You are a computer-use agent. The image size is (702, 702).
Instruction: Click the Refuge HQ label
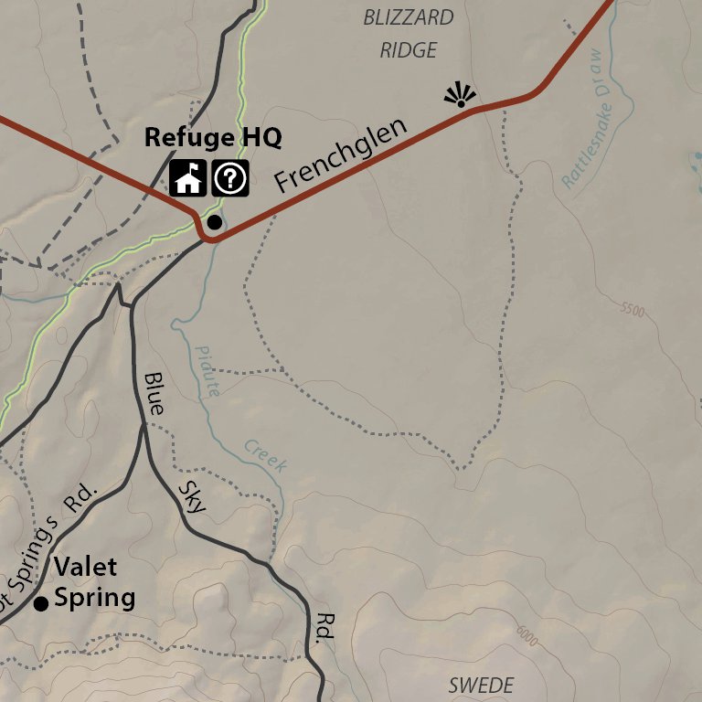[x=213, y=138]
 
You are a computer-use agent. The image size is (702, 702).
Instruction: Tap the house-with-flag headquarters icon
[x=188, y=177]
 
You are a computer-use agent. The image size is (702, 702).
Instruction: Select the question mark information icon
[x=230, y=177]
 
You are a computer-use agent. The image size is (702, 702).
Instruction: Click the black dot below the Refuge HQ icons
[x=215, y=221]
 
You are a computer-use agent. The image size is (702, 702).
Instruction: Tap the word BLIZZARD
[x=408, y=17]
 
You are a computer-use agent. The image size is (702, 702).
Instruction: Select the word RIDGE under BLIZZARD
[x=409, y=50]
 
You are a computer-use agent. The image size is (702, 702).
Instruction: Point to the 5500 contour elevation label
[x=632, y=311]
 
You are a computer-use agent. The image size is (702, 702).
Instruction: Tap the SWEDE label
[x=481, y=685]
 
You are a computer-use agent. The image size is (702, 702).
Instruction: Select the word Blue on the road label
[x=154, y=394]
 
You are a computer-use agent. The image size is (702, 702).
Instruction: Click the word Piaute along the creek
[x=207, y=370]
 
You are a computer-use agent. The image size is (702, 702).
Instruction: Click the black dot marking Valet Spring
[x=40, y=603]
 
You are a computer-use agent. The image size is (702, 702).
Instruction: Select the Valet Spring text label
[x=94, y=582]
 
